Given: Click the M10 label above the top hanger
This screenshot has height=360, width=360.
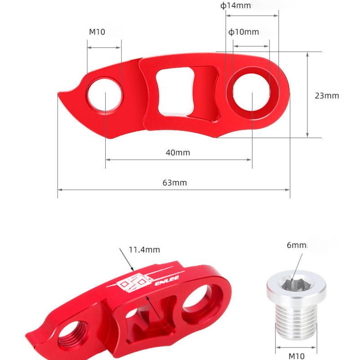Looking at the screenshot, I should click(97, 32).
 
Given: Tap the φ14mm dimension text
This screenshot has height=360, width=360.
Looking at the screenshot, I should click(235, 6).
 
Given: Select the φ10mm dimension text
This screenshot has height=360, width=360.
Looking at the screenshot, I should click(243, 32).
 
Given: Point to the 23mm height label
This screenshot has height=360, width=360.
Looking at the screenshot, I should click(327, 95).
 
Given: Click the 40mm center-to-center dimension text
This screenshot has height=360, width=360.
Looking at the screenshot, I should click(178, 153).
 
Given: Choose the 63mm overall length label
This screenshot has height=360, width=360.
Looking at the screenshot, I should click(175, 183).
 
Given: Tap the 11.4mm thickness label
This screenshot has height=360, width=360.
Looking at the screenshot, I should click(144, 250).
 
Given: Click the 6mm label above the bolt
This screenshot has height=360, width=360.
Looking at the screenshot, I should click(296, 245).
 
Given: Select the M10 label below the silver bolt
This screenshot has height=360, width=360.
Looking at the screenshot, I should click(296, 355).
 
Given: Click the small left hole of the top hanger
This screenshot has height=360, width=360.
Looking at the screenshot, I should click(105, 94).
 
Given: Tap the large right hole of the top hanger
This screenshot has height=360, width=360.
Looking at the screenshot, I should click(252, 94).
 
